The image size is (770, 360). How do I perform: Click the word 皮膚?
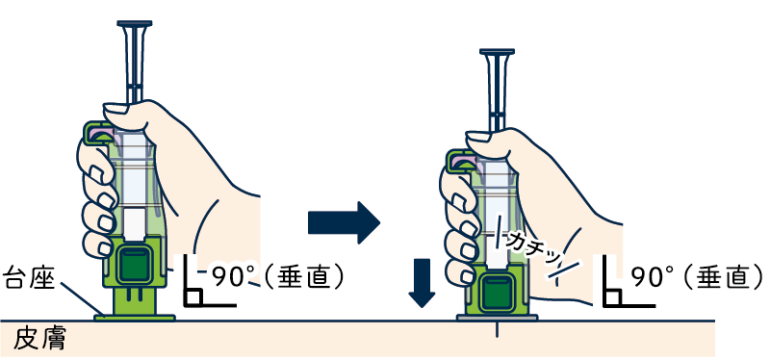39,339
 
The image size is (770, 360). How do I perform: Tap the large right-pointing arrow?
344,222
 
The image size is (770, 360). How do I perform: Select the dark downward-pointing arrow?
422,283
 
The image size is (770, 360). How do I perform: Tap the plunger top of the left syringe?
134,23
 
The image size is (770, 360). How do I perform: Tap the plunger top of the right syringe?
497,51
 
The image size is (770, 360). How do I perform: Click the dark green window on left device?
133,266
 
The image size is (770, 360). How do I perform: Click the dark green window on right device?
496,294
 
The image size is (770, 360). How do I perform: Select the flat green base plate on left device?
134,318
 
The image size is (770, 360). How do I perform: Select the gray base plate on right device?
497,318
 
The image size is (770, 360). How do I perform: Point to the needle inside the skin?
497,329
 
